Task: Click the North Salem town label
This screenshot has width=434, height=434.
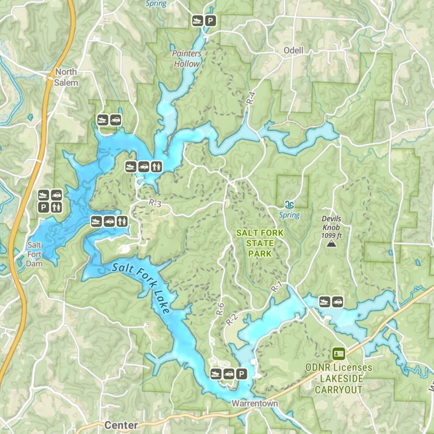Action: point(66,77)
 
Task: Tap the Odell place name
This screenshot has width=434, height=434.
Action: point(293,50)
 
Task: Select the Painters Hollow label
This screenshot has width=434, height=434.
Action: point(187,59)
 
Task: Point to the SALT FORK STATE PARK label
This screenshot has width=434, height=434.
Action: point(260,243)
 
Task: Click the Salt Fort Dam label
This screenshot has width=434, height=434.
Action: point(34,254)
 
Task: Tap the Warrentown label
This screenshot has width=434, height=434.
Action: point(254,403)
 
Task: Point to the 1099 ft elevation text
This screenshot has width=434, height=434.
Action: point(332,235)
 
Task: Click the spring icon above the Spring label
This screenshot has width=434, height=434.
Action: point(289,205)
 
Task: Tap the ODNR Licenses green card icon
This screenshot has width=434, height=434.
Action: point(339,354)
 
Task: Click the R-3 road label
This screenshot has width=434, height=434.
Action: point(155,202)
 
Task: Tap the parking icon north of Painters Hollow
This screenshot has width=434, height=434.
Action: point(210,20)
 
